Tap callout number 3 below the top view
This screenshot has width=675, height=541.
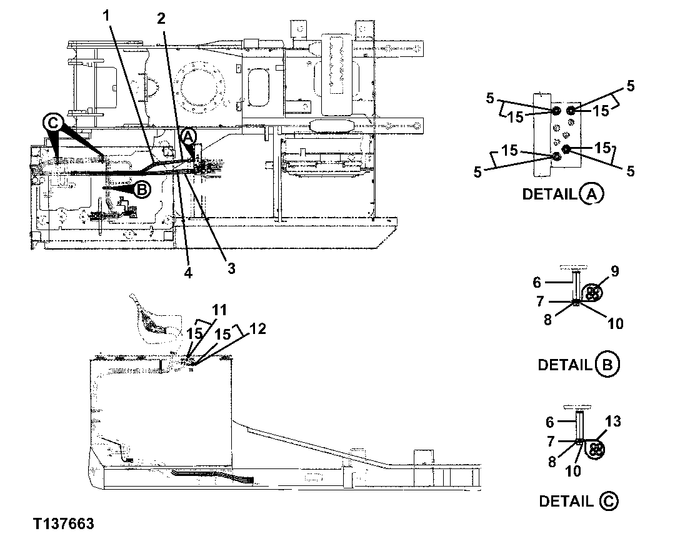(231, 268)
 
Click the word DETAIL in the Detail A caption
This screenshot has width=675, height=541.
(549, 195)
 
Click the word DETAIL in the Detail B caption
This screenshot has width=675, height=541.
(564, 365)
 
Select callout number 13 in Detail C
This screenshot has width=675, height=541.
(613, 422)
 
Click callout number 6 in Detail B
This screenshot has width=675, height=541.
(537, 283)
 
